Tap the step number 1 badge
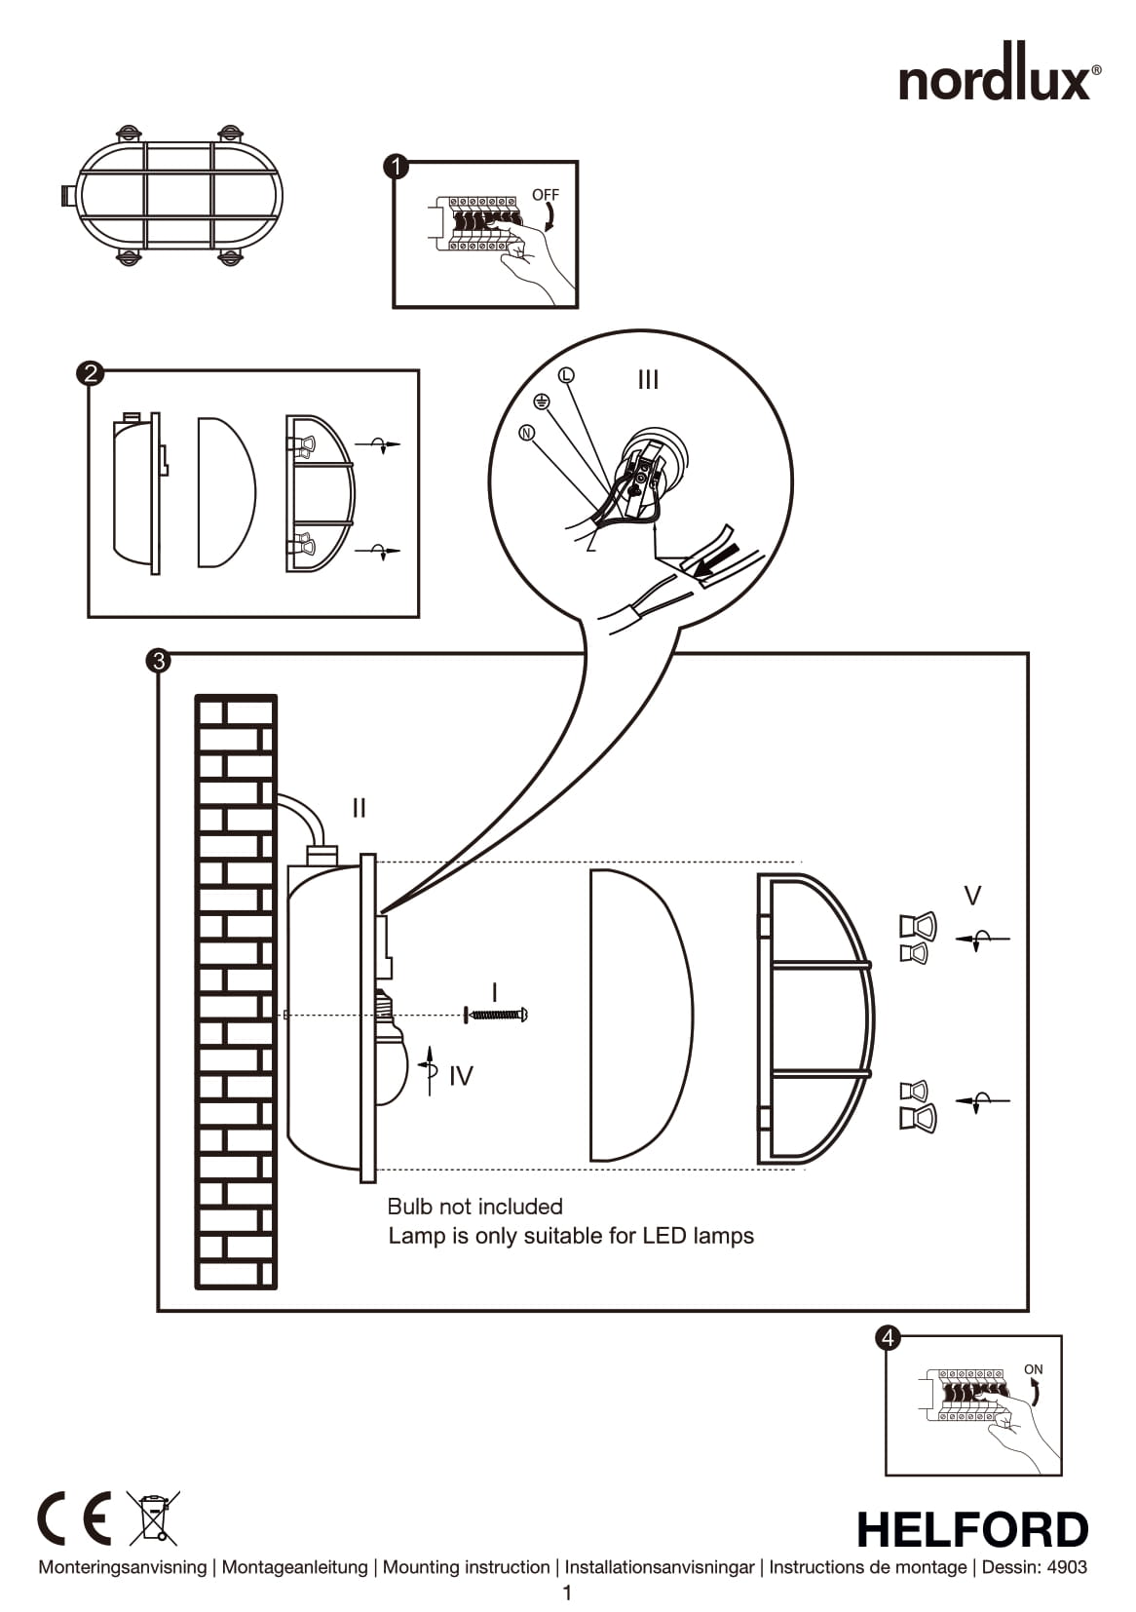pyautogui.click(x=397, y=167)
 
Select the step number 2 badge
pyautogui.click(x=90, y=373)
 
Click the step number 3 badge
pyautogui.click(x=157, y=661)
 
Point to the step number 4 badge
pyautogui.click(x=888, y=1338)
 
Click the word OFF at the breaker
pyautogui.click(x=546, y=195)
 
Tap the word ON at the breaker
pyautogui.click(x=1033, y=1369)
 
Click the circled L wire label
pyautogui.click(x=566, y=375)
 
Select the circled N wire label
pyautogui.click(x=527, y=433)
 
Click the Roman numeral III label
pyautogui.click(x=648, y=380)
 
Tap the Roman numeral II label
pyautogui.click(x=359, y=808)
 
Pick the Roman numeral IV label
pyautogui.click(x=461, y=1076)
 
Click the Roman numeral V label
pyautogui.click(x=971, y=895)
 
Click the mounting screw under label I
pyautogui.click(x=497, y=1015)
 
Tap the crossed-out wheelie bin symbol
pyautogui.click(x=154, y=1517)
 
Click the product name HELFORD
pyautogui.click(x=971, y=1530)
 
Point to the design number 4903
pyautogui.click(x=1067, y=1567)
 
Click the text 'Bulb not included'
pyautogui.click(x=474, y=1207)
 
